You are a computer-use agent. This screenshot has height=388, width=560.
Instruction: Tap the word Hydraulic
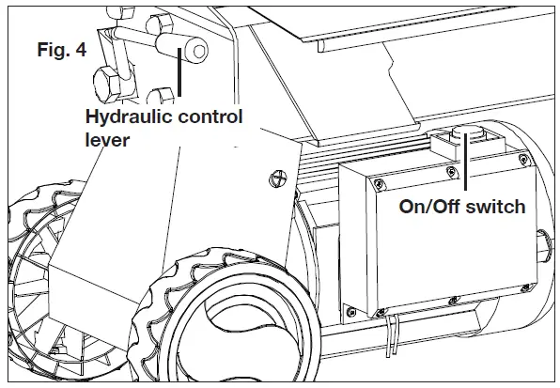point(125,117)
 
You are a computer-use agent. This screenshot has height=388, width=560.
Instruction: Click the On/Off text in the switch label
point(424,207)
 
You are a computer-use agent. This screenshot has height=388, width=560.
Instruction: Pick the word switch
point(493,207)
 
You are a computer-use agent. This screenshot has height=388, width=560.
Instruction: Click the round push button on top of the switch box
point(465,136)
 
